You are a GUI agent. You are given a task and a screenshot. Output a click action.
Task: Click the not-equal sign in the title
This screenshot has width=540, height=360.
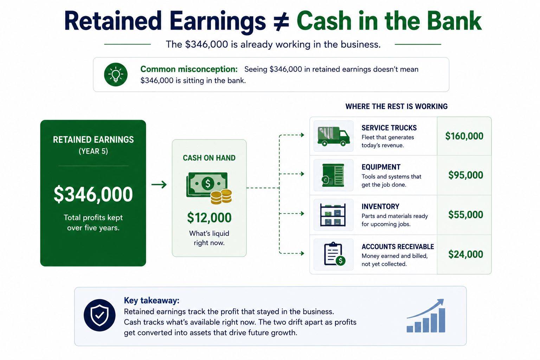pyautogui.click(x=281, y=21)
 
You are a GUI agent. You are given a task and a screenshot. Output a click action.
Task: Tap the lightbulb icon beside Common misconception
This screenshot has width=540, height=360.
pyautogui.click(x=116, y=75)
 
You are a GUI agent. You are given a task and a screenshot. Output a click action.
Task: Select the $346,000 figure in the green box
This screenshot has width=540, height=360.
pyautogui.click(x=93, y=194)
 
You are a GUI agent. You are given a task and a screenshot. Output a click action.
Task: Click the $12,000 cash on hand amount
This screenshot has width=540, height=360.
pyautogui.click(x=209, y=218)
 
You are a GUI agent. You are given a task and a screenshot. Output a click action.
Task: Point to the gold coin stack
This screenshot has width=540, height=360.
pyautogui.click(x=221, y=197)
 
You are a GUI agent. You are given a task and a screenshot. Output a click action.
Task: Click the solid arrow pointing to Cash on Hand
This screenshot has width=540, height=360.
pyautogui.click(x=159, y=185)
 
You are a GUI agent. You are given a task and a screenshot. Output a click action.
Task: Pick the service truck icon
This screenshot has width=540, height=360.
pyautogui.click(x=334, y=136)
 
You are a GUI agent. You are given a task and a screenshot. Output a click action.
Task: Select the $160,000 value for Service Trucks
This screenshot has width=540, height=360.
pyautogui.click(x=464, y=136)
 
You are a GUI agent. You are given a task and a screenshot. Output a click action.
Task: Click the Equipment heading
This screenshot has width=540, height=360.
pyautogui.click(x=381, y=167)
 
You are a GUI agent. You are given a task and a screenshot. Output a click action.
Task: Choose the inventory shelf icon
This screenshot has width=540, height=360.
pyautogui.click(x=333, y=215)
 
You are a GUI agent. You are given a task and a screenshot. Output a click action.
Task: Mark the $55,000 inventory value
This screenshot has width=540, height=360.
pyautogui.click(x=466, y=215)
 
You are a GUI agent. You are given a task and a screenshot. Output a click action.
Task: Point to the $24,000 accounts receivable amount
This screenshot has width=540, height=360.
pyautogui.click(x=466, y=255)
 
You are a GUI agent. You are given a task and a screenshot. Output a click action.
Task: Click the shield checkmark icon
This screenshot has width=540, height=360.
pyautogui.click(x=99, y=315)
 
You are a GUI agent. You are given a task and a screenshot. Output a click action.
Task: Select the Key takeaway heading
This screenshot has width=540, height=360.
pyautogui.click(x=152, y=301)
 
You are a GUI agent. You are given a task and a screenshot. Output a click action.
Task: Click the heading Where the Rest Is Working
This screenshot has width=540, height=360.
pyautogui.click(x=397, y=106)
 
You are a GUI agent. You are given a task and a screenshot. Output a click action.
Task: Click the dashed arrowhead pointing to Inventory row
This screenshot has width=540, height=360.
pyautogui.click(x=302, y=214)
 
